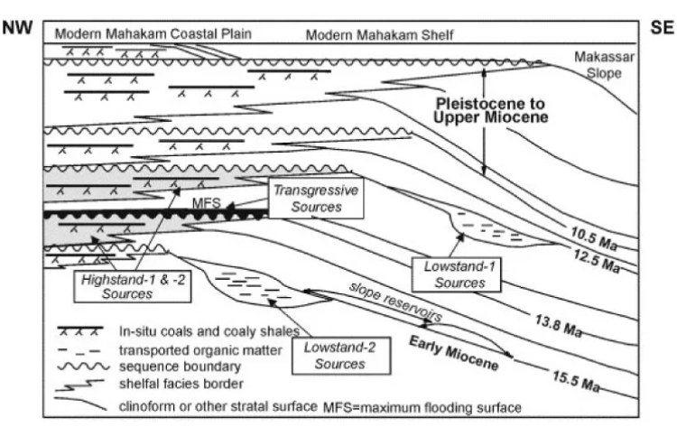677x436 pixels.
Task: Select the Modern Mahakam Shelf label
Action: [x=380, y=35]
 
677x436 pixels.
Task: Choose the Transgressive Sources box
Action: [x=309, y=199]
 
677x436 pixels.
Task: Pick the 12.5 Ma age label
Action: [x=598, y=264]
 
